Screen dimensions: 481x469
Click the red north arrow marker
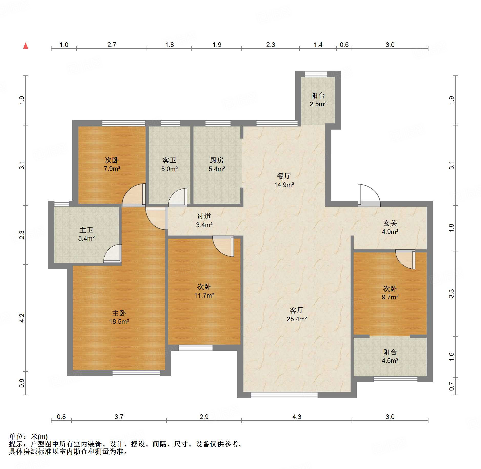click(x=26, y=46)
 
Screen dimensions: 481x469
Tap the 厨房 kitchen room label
click(x=217, y=160)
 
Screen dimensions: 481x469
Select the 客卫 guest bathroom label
click(x=169, y=160)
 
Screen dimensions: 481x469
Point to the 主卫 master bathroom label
click(x=86, y=230)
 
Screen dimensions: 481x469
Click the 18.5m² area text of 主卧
click(x=119, y=321)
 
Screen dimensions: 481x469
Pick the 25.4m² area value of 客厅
click(x=297, y=319)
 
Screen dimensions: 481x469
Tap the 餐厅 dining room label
click(x=284, y=176)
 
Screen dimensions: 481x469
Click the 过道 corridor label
click(x=204, y=216)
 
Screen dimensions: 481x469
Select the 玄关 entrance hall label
click(x=390, y=223)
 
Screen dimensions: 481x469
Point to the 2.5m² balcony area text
click(x=318, y=104)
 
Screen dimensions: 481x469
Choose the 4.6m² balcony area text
click(x=390, y=360)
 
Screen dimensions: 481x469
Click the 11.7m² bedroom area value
click(x=204, y=295)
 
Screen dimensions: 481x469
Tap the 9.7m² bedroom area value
click(x=390, y=297)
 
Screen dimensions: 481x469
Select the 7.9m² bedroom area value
click(x=112, y=169)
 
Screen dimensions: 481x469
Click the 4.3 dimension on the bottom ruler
click(x=297, y=417)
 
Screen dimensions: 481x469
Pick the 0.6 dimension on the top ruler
click(x=344, y=45)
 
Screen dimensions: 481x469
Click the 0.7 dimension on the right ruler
click(x=451, y=386)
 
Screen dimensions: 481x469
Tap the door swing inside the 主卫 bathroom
click(x=112, y=253)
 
